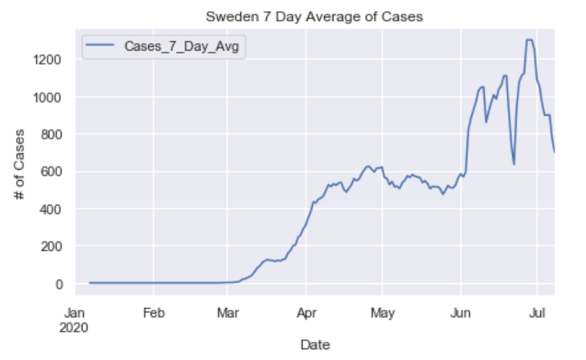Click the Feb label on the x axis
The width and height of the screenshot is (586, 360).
click(153, 313)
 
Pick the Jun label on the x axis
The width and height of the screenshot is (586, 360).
click(461, 313)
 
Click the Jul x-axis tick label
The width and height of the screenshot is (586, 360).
click(537, 313)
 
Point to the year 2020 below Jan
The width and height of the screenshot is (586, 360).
click(75, 327)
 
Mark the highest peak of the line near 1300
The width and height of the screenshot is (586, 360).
click(529, 40)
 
